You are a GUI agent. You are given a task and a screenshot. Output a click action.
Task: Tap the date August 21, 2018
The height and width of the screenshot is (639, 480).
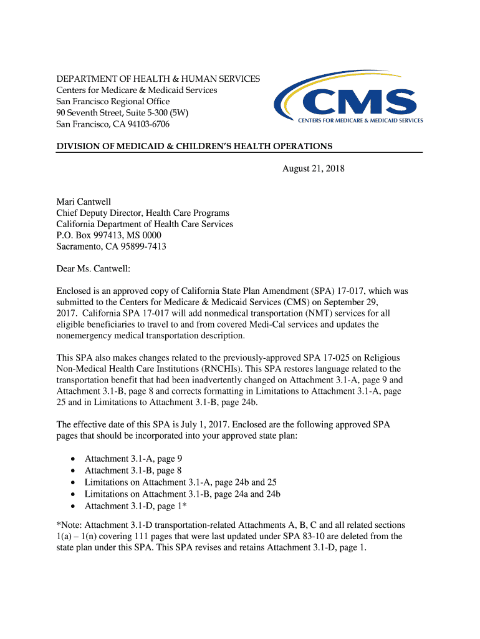click(x=314, y=168)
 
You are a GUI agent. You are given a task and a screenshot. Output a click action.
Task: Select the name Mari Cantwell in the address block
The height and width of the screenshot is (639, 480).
click(x=84, y=202)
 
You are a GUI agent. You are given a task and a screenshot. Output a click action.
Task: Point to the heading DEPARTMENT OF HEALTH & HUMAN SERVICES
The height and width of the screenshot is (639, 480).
click(x=158, y=79)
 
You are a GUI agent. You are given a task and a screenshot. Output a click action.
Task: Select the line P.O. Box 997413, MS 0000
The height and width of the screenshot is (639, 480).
click(x=109, y=235)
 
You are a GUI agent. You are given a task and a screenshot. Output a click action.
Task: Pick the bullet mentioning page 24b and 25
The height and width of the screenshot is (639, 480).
click(x=181, y=482)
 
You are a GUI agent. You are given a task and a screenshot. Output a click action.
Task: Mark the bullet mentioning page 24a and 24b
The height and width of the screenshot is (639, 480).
click(x=183, y=494)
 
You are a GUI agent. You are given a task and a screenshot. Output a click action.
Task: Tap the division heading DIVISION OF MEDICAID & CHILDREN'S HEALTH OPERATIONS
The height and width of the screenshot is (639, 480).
click(x=194, y=147)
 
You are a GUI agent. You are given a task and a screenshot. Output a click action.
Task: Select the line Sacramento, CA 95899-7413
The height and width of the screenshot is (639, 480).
click(x=112, y=246)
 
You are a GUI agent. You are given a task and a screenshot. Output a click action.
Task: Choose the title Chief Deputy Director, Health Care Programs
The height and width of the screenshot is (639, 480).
click(x=143, y=213)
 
